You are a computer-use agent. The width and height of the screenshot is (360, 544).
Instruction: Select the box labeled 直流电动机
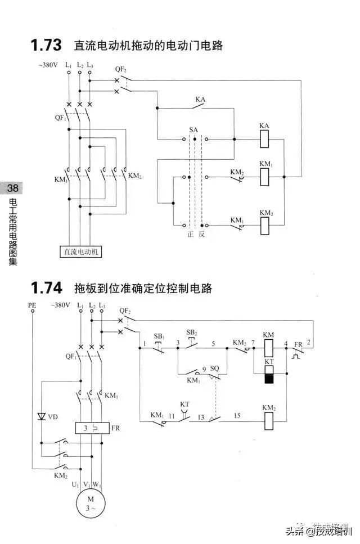81,252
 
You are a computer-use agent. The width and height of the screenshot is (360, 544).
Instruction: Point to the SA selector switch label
193,129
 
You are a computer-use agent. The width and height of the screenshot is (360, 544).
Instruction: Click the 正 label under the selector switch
190,235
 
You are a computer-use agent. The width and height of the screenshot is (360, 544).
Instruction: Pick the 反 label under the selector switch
202,235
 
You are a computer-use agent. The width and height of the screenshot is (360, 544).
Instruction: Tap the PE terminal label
32,305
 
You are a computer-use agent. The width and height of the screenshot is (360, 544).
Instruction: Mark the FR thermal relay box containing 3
91,428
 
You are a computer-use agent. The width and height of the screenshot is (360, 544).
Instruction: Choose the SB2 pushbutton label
192,333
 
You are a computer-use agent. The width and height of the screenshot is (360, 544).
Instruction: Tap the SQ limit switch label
214,368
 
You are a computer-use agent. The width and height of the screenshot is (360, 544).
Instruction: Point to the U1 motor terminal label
75,483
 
